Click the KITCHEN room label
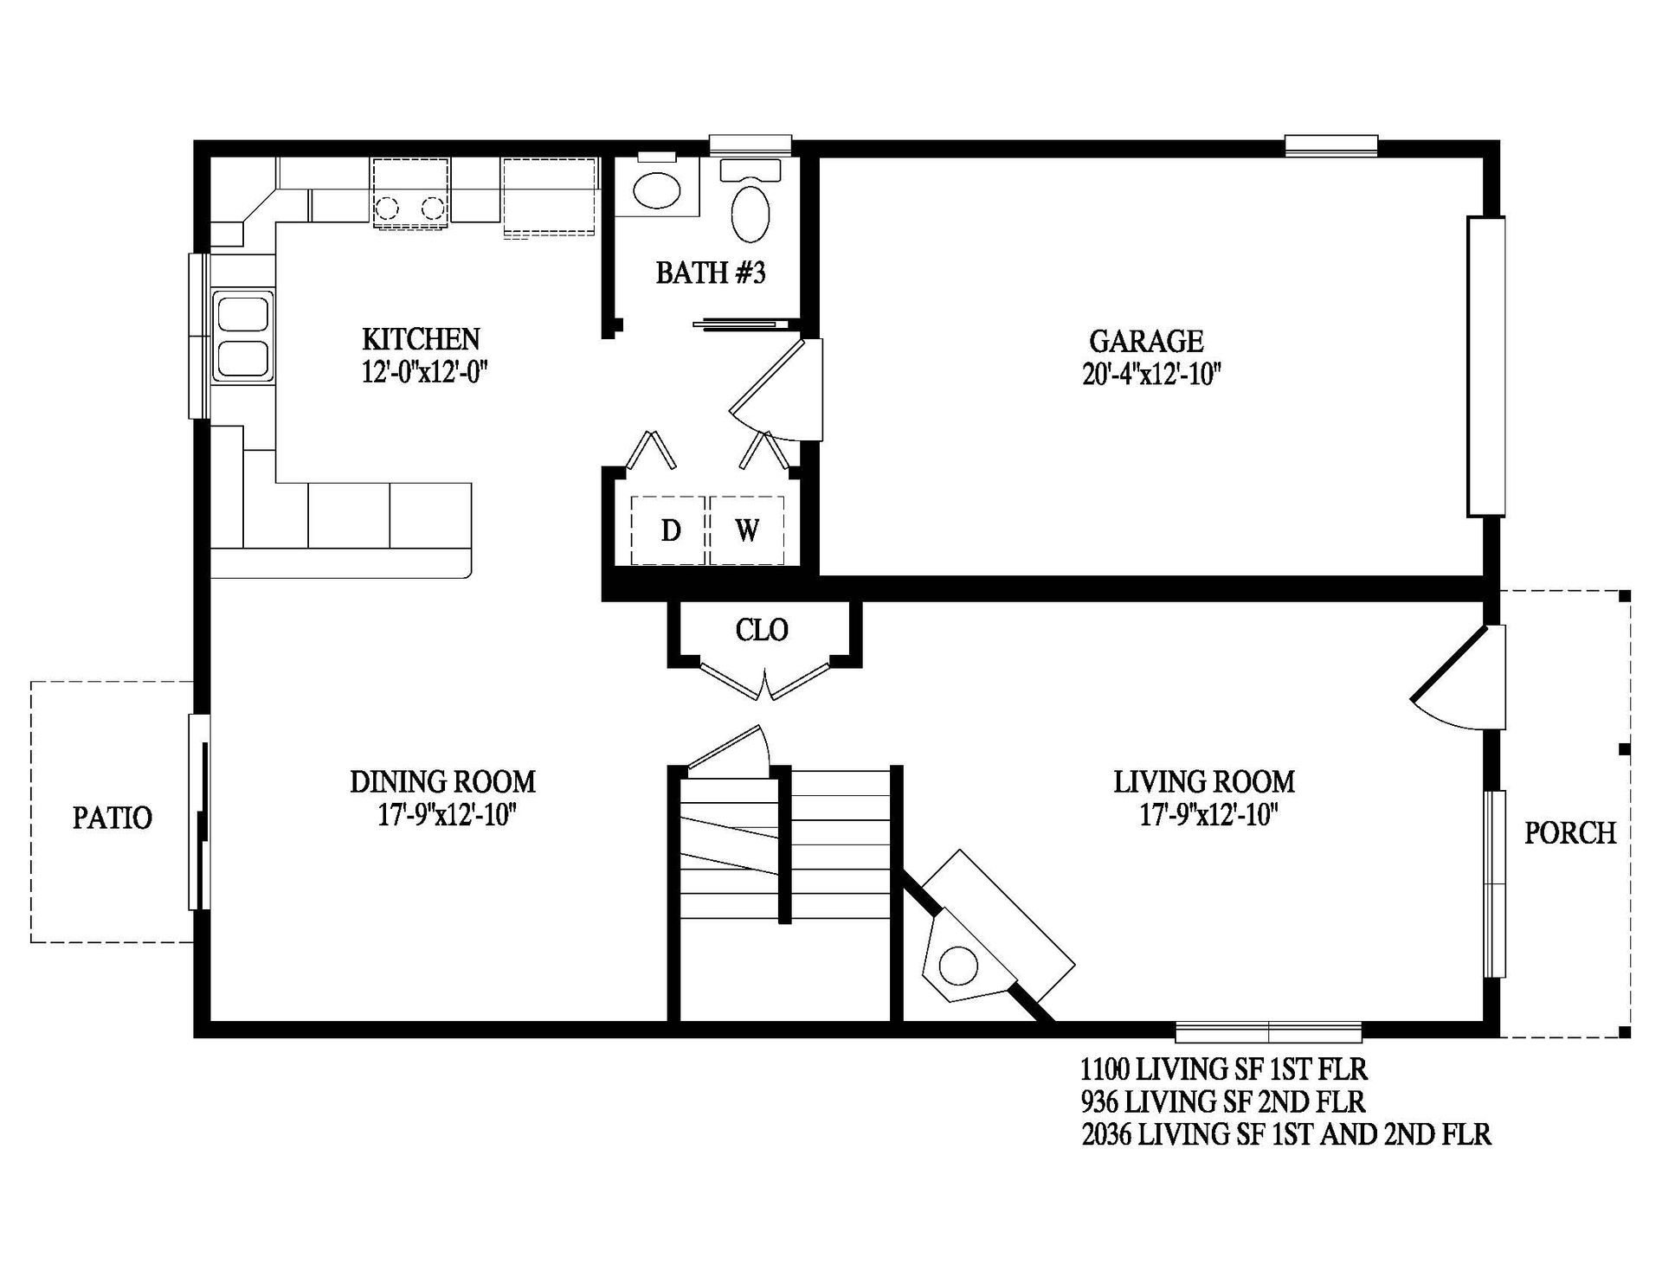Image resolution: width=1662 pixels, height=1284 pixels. [421, 338]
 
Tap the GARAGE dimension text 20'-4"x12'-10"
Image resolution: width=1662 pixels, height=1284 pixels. [1150, 375]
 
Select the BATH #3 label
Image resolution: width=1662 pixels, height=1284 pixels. [710, 273]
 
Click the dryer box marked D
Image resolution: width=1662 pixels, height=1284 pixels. [670, 530]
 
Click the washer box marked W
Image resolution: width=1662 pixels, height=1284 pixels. [747, 530]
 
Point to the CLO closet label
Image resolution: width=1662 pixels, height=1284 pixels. [762, 630]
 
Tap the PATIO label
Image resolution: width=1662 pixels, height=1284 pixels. [113, 818]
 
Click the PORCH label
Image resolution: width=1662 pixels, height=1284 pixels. [1569, 833]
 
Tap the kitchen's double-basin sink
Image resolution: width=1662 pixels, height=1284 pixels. [242, 336]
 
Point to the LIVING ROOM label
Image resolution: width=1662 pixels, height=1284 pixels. [1203, 782]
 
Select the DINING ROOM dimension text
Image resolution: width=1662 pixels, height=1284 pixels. [447, 816]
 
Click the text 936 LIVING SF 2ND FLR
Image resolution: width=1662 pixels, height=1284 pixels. [1222, 1102]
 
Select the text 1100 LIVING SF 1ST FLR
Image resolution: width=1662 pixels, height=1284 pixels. [1223, 1070]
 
